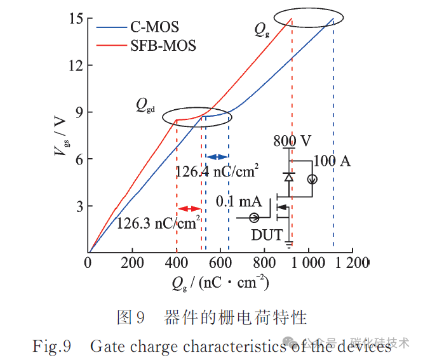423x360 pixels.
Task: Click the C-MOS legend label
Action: point(154,27)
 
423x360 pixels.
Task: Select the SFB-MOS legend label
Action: point(163,46)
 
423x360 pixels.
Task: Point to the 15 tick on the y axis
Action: point(76,18)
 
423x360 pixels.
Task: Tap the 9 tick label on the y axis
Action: point(79,112)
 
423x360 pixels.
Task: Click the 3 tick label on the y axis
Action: point(79,206)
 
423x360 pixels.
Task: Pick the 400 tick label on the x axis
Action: point(177,263)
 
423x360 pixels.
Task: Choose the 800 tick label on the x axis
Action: point(264,263)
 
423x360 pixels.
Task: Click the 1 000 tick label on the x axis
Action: point(308,263)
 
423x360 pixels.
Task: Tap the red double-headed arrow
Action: point(189,209)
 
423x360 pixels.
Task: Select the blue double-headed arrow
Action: point(217,157)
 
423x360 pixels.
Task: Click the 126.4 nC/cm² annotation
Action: point(217,171)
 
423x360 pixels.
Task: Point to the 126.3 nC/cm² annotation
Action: point(159,223)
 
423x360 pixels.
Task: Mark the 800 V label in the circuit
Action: point(292,141)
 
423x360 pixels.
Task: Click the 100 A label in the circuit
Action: point(332,161)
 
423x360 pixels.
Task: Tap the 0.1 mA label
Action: point(239,201)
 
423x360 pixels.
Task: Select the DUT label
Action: point(267,235)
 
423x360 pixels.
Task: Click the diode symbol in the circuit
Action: point(289,177)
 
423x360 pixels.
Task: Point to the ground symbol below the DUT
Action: point(289,244)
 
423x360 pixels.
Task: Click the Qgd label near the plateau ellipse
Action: point(145,105)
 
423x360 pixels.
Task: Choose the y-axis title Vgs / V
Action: point(61,136)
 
